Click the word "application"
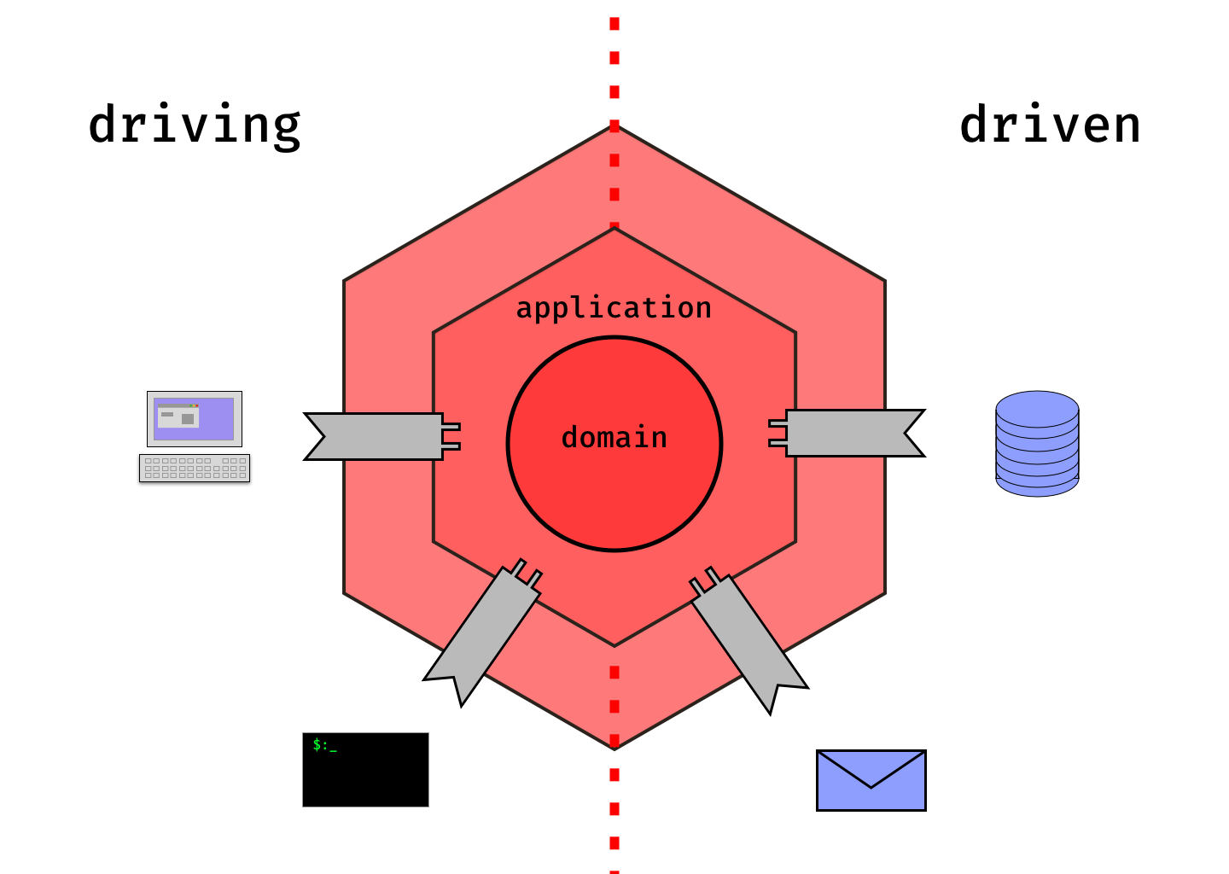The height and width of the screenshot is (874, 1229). click(x=614, y=308)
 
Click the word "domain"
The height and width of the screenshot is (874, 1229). click(x=614, y=438)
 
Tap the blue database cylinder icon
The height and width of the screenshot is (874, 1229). click(x=1037, y=444)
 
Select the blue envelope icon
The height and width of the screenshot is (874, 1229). click(x=871, y=781)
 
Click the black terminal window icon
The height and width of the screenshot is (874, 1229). click(x=365, y=770)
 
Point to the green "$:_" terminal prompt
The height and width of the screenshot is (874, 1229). click(x=324, y=745)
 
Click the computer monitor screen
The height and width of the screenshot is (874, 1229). click(x=195, y=419)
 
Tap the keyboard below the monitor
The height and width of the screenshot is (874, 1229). click(x=195, y=468)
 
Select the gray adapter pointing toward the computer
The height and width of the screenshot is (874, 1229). click(x=376, y=436)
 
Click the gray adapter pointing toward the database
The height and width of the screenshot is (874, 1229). click(x=853, y=434)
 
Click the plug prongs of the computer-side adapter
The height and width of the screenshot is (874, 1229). click(x=451, y=436)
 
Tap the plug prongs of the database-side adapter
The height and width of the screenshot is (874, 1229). click(x=778, y=433)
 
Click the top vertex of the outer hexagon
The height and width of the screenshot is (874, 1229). click(x=614, y=126)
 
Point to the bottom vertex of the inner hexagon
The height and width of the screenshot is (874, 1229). click(x=614, y=645)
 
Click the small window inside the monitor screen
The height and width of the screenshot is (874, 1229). click(x=178, y=417)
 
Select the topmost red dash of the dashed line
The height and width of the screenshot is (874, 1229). click(x=614, y=24)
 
